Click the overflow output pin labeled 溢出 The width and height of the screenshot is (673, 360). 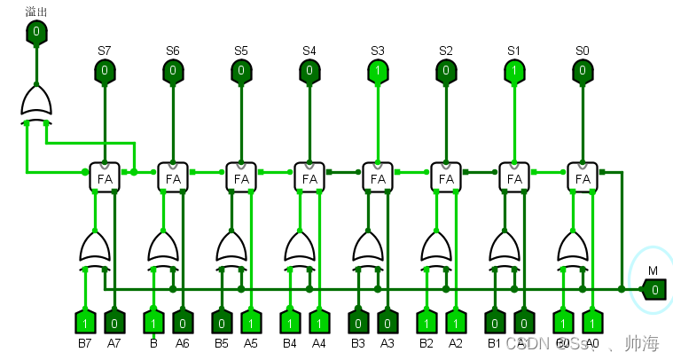35,34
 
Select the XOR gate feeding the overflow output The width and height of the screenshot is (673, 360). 35,104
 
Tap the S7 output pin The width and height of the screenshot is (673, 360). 105,70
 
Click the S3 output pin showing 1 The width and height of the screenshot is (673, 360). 378,70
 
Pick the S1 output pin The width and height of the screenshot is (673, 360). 514,70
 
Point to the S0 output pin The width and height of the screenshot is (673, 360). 583,70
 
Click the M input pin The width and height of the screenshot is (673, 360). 653,289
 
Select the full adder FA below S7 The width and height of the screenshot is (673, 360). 105,178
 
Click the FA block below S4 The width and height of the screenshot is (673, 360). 309,178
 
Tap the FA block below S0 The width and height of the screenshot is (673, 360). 583,178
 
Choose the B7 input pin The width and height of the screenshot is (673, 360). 85,320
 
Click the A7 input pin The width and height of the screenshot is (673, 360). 114,320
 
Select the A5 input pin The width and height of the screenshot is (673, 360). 251,320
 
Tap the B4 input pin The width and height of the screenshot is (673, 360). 290,320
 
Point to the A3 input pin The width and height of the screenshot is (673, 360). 387,320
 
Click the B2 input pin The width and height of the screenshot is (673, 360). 426,320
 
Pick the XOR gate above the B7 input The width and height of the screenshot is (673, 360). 95,247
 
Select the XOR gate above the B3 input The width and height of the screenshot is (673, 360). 368,247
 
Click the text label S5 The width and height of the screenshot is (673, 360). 241,51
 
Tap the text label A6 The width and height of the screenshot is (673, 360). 183,343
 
